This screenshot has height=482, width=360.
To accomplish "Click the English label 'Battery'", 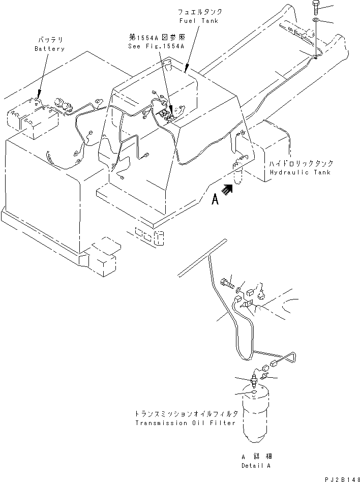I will [50, 49].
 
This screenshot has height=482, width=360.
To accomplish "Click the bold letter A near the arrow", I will [215, 200].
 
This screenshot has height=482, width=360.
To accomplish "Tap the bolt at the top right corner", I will [315, 7].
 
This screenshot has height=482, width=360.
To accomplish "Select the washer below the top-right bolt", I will [316, 20].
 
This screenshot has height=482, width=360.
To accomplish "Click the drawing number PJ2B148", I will [340, 478].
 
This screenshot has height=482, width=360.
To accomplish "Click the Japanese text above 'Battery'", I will [50, 39].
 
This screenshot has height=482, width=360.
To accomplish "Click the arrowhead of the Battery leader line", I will [38, 96].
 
